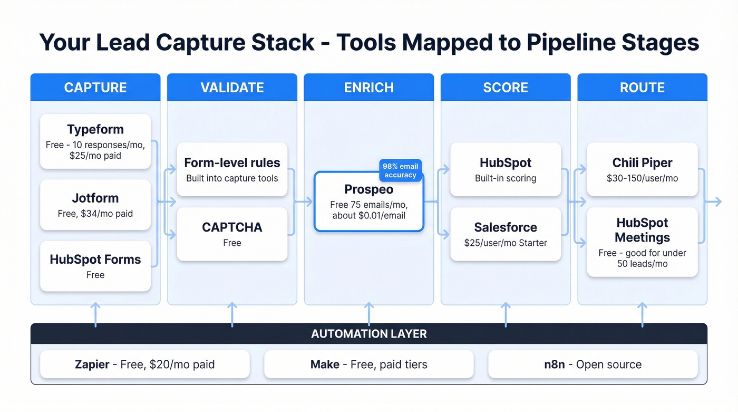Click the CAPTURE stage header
click(95, 87)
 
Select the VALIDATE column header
click(232, 87)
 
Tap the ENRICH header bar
click(368, 87)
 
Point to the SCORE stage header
click(506, 87)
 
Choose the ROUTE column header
click(642, 87)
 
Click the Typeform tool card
click(95, 141)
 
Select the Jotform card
click(95, 205)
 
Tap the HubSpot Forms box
click(95, 266)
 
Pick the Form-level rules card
click(232, 169)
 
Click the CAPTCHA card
click(232, 234)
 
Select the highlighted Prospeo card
click(368, 202)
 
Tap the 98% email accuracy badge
click(400, 171)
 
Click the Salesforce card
click(506, 234)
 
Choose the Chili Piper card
click(642, 169)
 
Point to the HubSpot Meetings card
click(642, 242)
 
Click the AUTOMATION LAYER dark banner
click(368, 333)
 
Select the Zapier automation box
click(144, 365)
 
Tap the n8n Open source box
click(593, 365)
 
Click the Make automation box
click(368, 365)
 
